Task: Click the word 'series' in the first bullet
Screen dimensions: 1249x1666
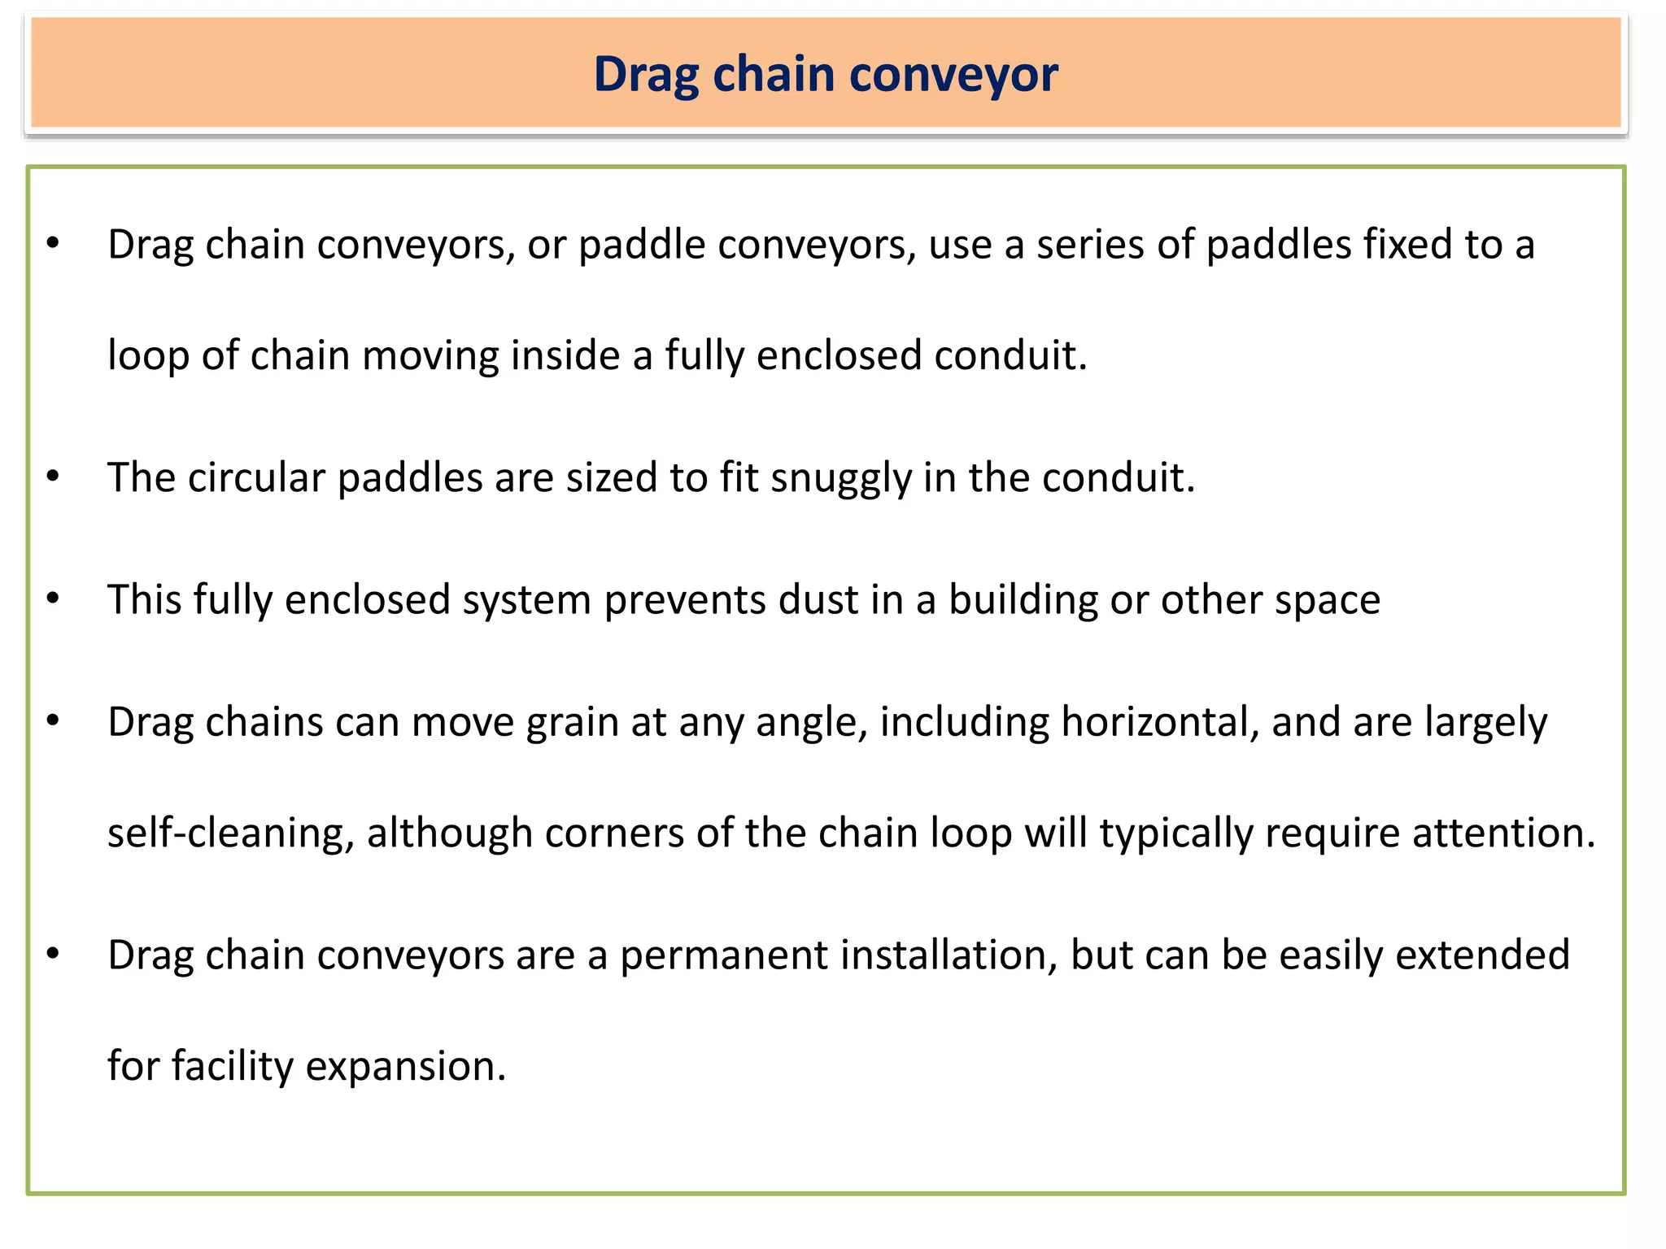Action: (1090, 245)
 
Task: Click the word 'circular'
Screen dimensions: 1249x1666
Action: (256, 478)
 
